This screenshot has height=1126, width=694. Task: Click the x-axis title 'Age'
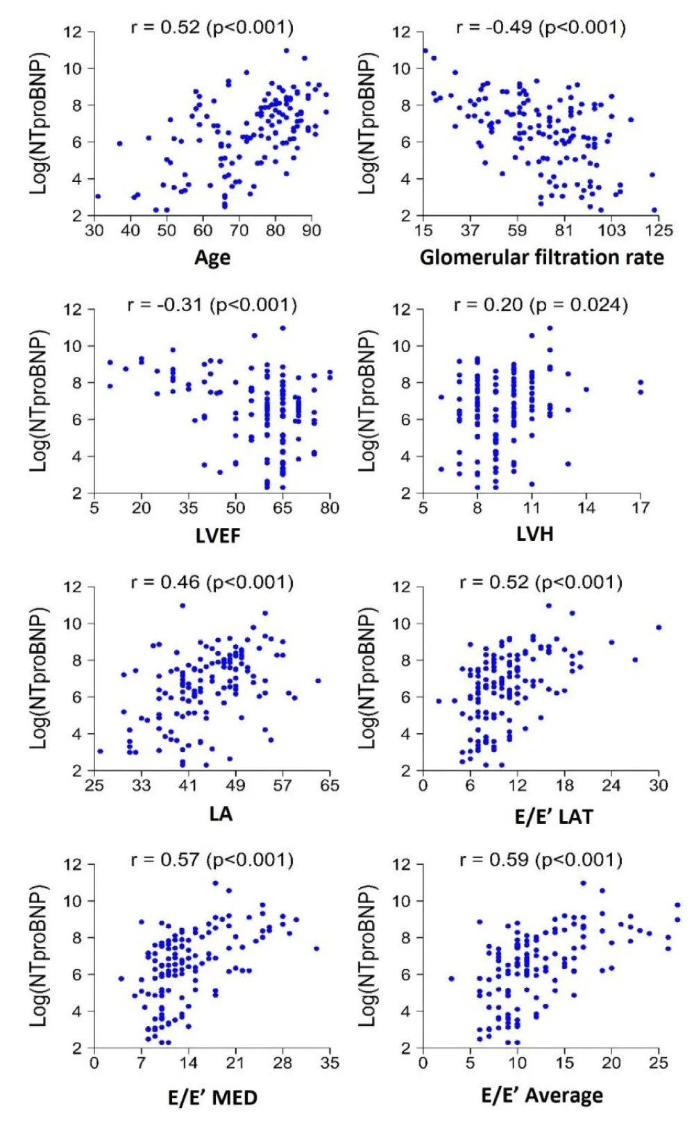tap(212, 258)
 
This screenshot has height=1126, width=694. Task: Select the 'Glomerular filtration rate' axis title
tap(541, 258)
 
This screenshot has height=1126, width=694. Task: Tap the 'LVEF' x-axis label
tap(218, 535)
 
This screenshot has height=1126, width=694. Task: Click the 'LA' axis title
tap(220, 813)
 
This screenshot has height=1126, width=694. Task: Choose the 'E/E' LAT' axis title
tap(553, 816)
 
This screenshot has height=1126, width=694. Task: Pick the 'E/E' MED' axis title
tap(212, 1098)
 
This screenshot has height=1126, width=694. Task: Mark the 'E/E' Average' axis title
tap(542, 1095)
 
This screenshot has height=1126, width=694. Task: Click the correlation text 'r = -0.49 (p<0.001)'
tap(541, 28)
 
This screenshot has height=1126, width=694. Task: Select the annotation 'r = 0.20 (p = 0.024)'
tap(541, 305)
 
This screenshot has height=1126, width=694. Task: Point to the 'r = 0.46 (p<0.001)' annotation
tap(212, 582)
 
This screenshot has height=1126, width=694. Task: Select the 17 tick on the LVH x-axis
tap(641, 507)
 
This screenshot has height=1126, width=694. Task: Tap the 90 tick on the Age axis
tap(312, 230)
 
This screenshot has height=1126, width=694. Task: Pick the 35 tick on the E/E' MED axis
tap(330, 1063)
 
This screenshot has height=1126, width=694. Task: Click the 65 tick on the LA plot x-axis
tap(330, 785)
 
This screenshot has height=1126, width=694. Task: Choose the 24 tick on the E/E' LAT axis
tap(611, 785)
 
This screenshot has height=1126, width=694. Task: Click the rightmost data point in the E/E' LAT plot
tap(659, 628)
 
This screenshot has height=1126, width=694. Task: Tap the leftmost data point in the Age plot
tap(98, 196)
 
